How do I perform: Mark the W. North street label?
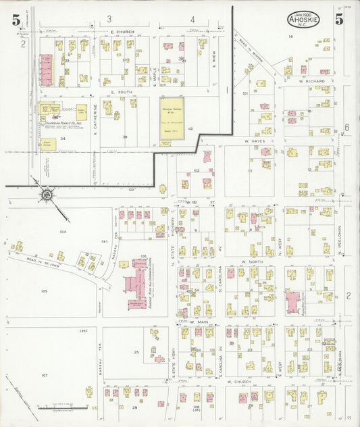click(251, 261)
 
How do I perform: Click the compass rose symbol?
click(47, 197)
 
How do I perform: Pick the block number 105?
click(45, 291)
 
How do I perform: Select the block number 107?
click(45, 375)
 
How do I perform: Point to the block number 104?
click(63, 231)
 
